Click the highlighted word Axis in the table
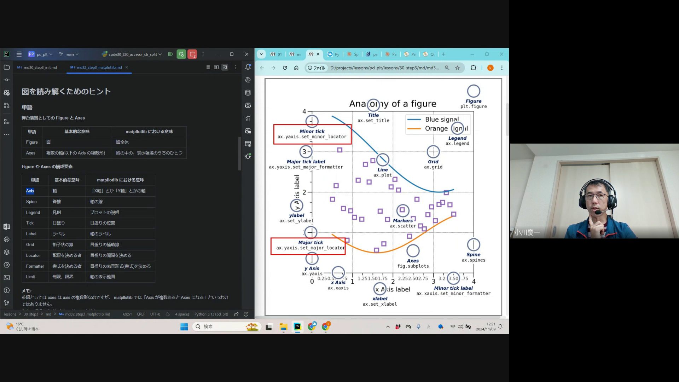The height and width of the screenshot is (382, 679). (30, 191)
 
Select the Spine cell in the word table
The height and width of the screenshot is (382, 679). (31, 202)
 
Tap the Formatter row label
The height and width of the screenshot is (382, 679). (35, 266)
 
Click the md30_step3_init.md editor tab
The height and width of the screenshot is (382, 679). (40, 68)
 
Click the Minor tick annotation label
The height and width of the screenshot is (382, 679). (312, 131)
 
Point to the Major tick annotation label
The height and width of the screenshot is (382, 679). (310, 242)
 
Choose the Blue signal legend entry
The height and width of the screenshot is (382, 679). (441, 120)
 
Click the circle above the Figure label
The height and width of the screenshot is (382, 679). (473, 91)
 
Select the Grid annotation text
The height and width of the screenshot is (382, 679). (433, 162)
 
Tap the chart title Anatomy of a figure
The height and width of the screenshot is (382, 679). (393, 104)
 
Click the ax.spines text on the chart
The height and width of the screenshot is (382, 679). (473, 260)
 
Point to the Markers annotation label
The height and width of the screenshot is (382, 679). (403, 220)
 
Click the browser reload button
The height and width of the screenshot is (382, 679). (285, 68)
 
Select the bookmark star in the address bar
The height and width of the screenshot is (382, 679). (457, 68)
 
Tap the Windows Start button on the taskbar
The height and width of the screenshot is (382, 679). (184, 327)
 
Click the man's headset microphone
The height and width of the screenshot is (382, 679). (597, 213)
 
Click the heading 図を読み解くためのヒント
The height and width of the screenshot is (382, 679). (66, 92)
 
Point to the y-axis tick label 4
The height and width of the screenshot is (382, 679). (304, 111)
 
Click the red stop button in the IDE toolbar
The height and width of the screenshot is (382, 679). (192, 54)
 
